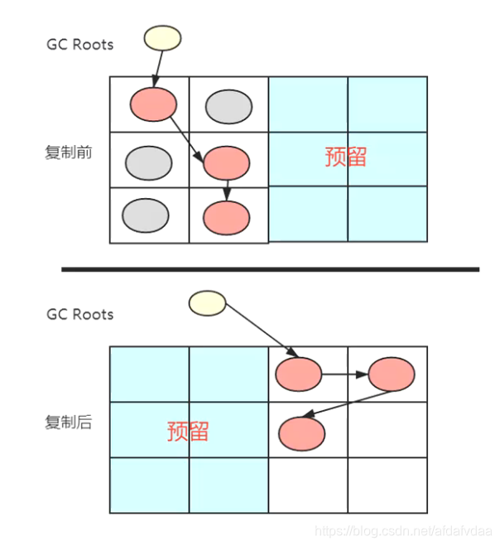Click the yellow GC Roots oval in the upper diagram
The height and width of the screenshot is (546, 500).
[x=162, y=38]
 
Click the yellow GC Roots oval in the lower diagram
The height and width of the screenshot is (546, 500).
[x=207, y=302]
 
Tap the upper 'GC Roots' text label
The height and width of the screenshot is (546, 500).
[x=80, y=44]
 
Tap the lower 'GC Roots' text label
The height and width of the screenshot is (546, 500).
[x=80, y=315]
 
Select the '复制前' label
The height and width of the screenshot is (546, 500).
[x=69, y=154]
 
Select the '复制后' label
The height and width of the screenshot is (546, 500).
[x=69, y=423]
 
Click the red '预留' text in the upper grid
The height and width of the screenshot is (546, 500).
[x=346, y=157]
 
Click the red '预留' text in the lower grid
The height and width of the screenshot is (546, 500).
[x=188, y=431]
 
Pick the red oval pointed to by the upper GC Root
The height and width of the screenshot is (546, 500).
[x=153, y=104]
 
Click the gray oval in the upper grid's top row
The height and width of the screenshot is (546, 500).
[x=228, y=105]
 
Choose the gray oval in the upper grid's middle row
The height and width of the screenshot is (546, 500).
[x=149, y=161]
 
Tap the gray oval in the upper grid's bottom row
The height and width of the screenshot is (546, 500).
[x=145, y=215]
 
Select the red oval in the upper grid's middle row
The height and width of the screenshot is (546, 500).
[x=226, y=162]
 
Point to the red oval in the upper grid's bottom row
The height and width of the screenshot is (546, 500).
[x=226, y=216]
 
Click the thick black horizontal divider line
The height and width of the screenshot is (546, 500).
[x=270, y=269]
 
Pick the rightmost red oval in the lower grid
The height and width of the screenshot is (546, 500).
[x=391, y=374]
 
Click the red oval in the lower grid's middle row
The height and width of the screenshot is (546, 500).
[x=301, y=433]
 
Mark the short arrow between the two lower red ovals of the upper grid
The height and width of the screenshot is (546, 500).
[x=227, y=190]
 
